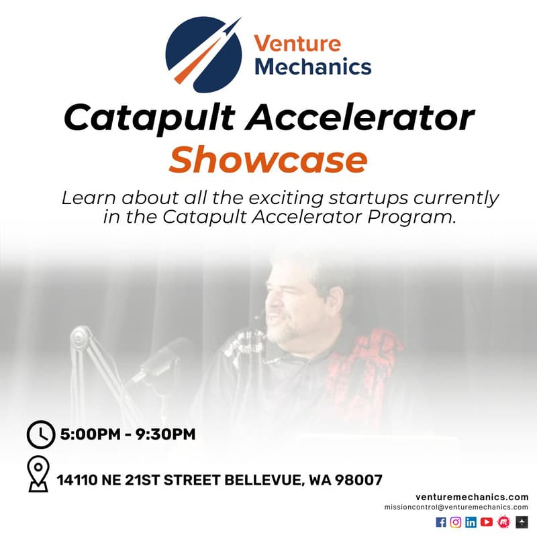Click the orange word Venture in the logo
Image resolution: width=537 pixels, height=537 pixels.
(x=297, y=45)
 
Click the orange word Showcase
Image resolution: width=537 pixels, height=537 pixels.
(x=268, y=160)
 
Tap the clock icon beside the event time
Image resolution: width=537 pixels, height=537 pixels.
(x=40, y=434)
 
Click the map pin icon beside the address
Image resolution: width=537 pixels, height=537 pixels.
(x=39, y=475)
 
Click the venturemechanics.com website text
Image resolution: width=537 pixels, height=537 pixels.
(x=472, y=496)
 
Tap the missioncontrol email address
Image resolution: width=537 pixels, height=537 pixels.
(x=456, y=507)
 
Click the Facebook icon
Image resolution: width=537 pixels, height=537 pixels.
(x=441, y=522)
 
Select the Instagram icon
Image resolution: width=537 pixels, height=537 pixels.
(x=456, y=522)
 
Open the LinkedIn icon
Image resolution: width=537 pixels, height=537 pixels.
(x=471, y=522)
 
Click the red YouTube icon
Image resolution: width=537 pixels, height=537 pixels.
(x=487, y=522)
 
